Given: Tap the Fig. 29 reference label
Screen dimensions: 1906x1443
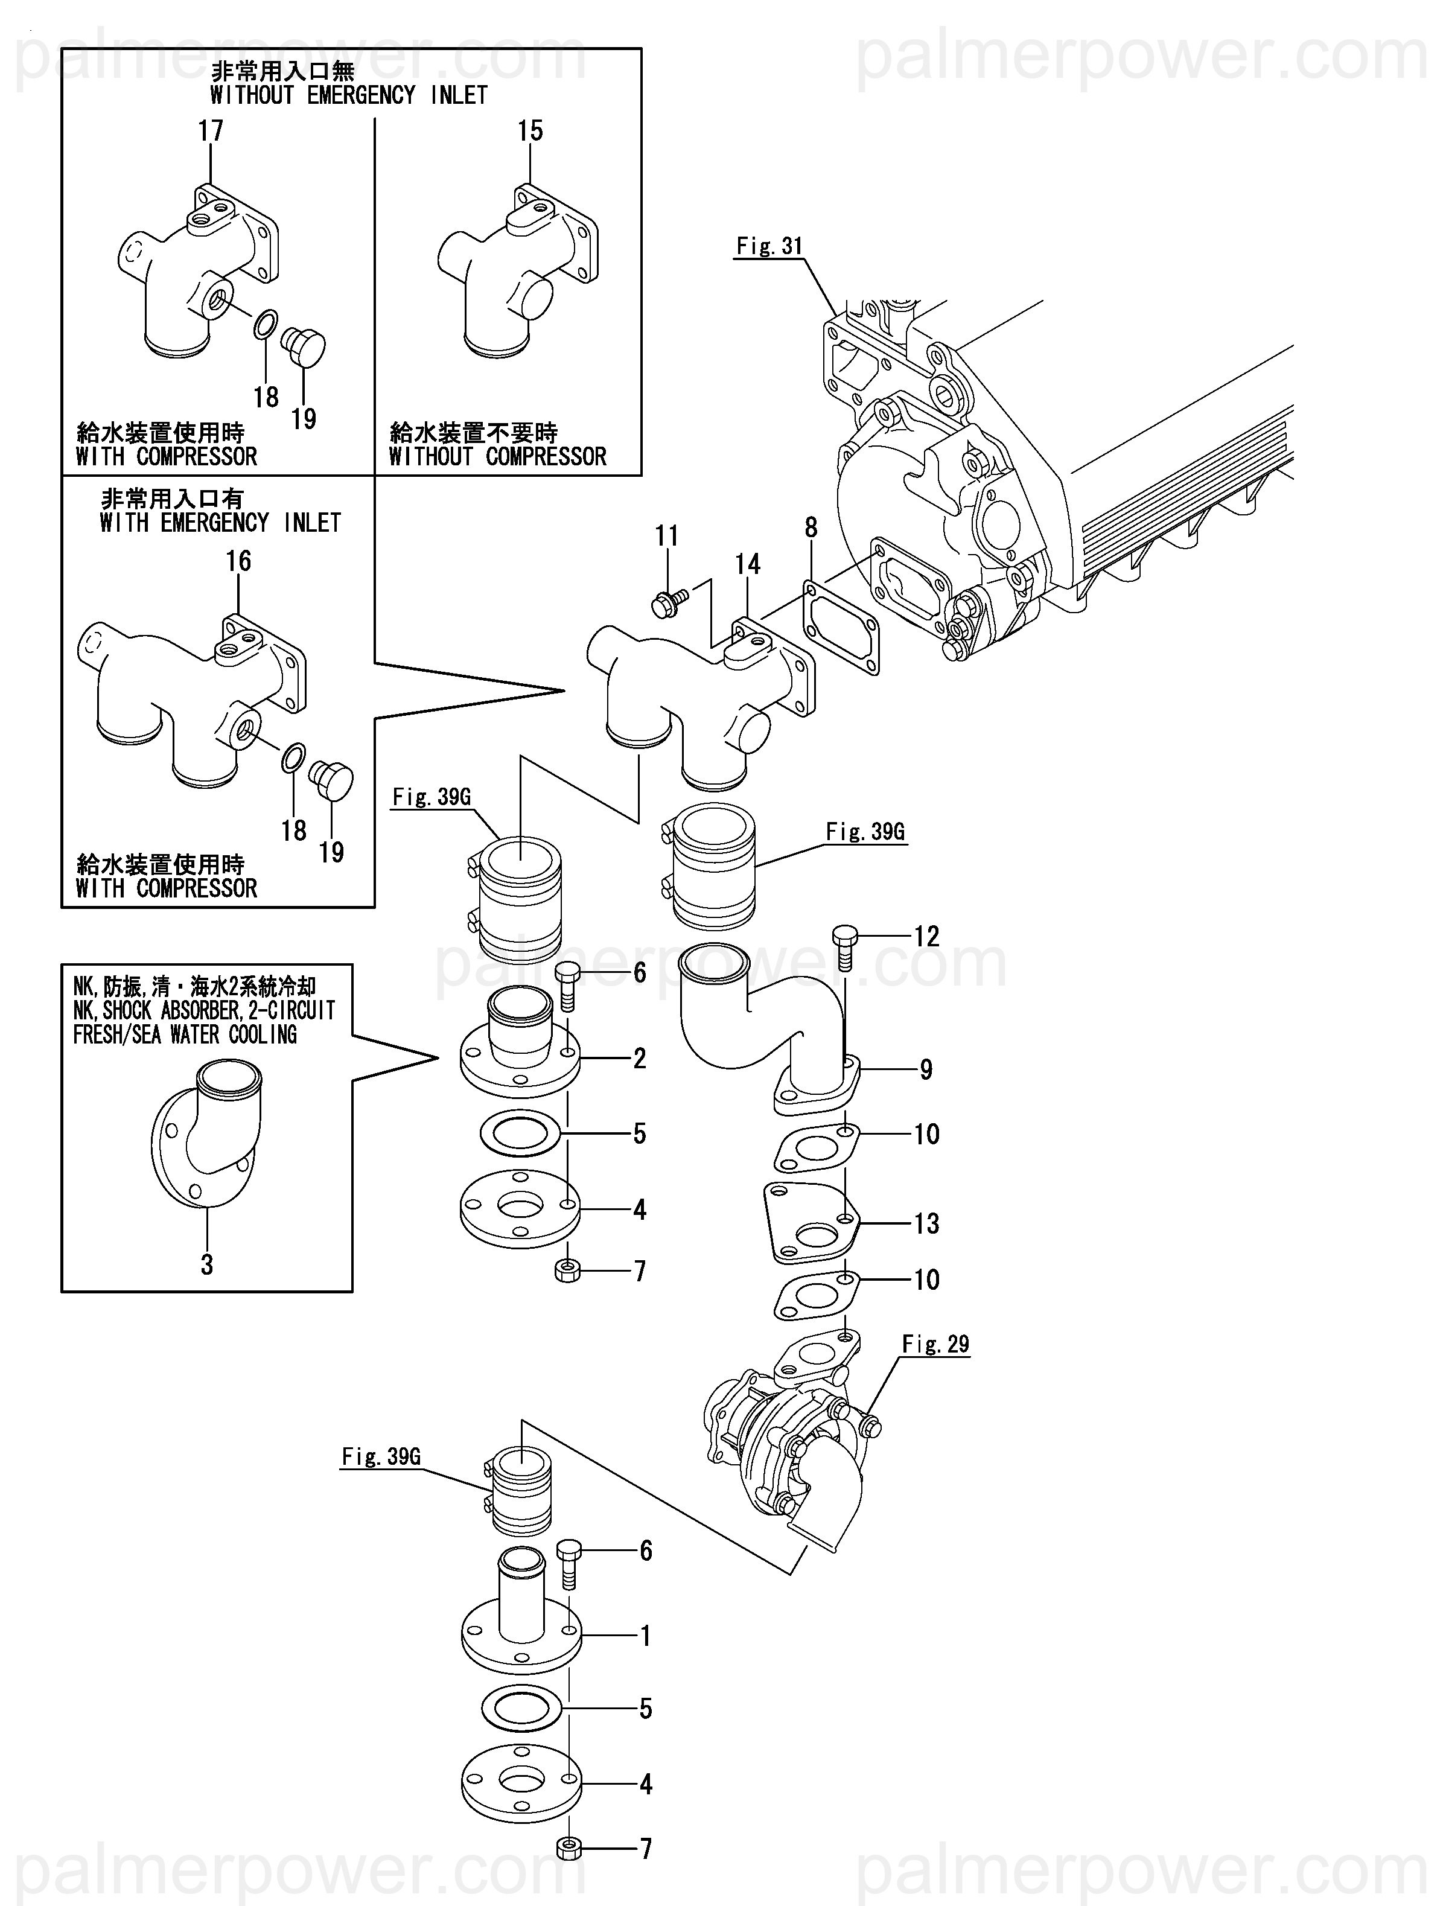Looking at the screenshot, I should (935, 1343).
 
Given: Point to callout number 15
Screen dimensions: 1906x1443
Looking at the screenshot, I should (530, 131).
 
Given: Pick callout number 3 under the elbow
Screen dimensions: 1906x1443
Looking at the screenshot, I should (207, 1265).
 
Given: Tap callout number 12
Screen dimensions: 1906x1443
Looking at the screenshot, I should (926, 937).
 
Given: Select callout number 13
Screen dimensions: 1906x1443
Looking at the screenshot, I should (926, 1223).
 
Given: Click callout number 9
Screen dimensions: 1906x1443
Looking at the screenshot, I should (926, 1069).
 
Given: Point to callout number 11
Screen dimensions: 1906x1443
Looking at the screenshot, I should (667, 536).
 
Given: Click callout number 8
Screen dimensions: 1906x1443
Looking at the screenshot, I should (811, 527).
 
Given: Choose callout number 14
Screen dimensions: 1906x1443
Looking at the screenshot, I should (747, 564).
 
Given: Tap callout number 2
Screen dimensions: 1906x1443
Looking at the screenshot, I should (639, 1058).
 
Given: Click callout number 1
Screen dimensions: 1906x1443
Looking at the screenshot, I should (645, 1636).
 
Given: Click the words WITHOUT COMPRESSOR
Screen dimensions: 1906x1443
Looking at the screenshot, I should (497, 457).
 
